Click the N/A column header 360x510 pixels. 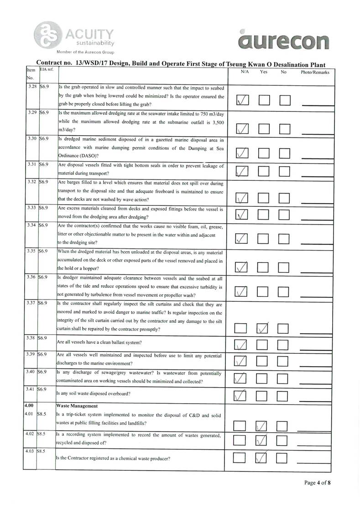pyautogui.click(x=245, y=72)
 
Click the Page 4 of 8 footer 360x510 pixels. pyautogui.click(x=317, y=482)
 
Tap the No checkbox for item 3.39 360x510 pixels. pyautogui.click(x=284, y=361)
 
